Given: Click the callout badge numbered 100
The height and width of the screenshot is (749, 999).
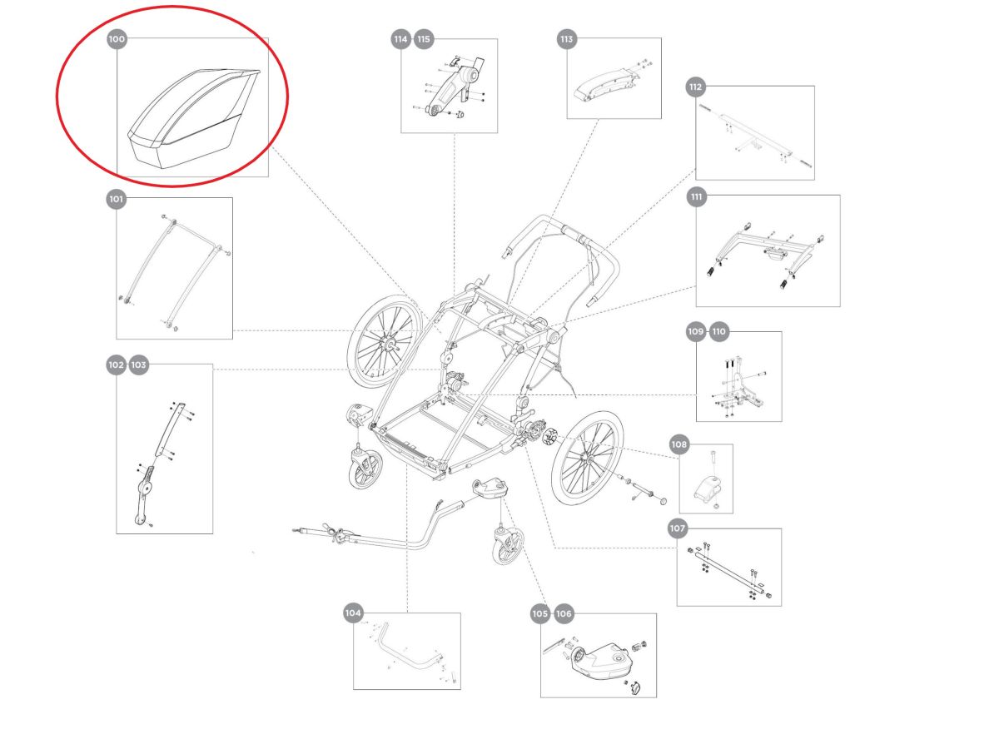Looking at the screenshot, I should (117, 39).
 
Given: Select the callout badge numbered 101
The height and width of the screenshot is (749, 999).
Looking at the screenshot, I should (117, 199).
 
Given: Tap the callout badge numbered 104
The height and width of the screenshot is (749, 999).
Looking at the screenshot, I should (354, 613).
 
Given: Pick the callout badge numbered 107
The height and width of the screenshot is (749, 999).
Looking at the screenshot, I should (678, 528).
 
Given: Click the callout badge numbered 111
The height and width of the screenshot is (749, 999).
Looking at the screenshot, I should (697, 197).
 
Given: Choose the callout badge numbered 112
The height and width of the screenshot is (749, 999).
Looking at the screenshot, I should (696, 87).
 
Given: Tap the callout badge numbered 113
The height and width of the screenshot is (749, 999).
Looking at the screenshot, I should (567, 39).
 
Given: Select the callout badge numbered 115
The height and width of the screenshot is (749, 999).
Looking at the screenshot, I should (425, 39).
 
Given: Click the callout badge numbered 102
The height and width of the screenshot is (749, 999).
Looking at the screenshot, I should (117, 365).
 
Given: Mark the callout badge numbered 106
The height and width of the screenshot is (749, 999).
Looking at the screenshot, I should (564, 613).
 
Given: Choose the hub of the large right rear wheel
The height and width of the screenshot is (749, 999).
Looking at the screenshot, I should (589, 459).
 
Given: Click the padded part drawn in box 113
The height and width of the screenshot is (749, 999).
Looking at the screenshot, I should (604, 84).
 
